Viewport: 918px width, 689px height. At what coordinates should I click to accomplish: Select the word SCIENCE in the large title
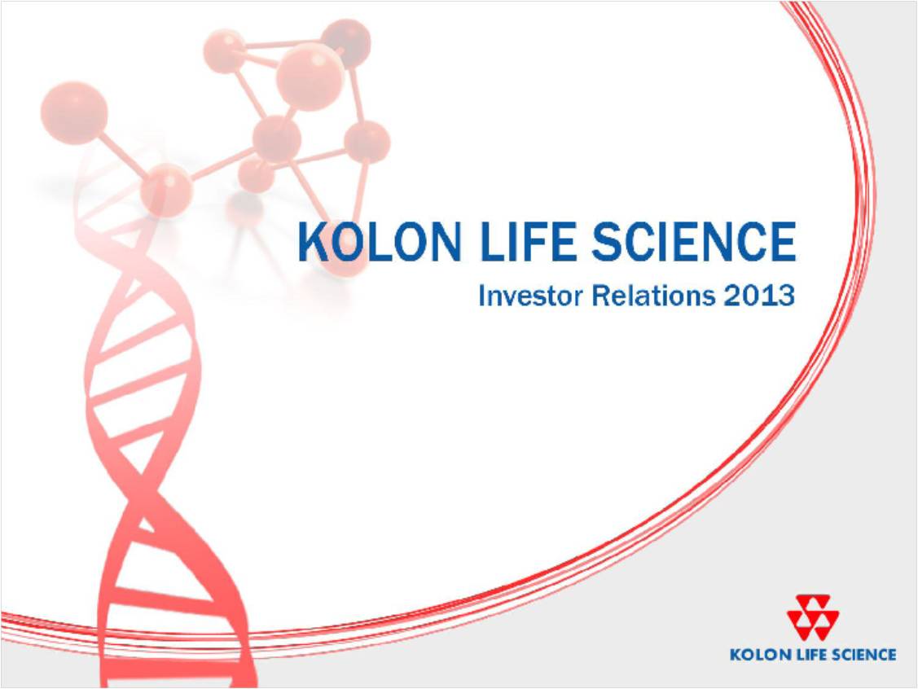[694, 242]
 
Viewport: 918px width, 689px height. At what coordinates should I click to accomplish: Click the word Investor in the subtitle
[530, 296]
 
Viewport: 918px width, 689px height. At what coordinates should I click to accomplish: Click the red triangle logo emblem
[813, 617]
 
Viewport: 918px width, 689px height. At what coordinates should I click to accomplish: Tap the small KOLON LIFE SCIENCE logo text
[813, 654]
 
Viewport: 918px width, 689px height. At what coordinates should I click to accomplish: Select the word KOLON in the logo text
[754, 654]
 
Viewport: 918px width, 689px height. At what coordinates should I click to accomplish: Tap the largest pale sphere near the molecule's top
[310, 76]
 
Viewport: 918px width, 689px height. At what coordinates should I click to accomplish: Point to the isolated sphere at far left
[74, 112]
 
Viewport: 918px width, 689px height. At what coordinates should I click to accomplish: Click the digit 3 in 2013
[785, 296]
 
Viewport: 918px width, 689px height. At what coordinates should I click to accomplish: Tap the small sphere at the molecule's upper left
[224, 51]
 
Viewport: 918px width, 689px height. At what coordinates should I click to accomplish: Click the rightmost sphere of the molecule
[367, 142]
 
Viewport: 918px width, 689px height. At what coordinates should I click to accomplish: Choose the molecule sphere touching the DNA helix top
[167, 191]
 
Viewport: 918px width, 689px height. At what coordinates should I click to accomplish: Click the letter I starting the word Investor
[482, 296]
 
